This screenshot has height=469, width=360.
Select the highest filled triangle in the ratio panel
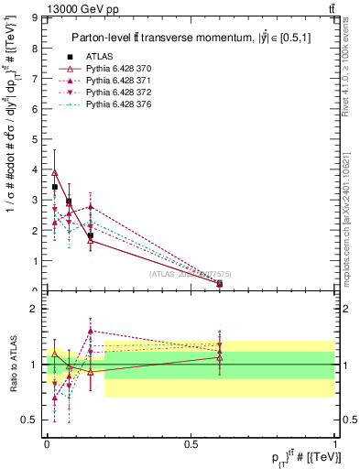coord(91,331)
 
